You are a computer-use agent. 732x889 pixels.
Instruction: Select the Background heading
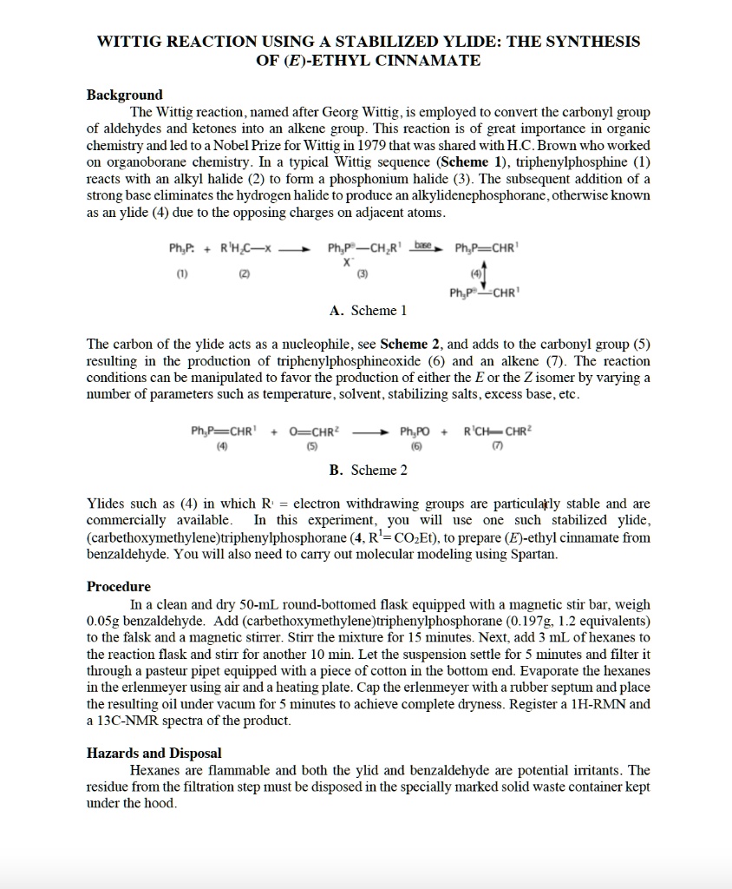[x=124, y=95]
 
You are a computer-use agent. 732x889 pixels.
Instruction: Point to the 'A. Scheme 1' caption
[x=368, y=310]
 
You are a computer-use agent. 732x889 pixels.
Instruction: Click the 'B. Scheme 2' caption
[x=368, y=470]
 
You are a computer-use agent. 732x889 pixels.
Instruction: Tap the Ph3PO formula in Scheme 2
[x=415, y=431]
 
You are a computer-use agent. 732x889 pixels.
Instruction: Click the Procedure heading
[x=119, y=587]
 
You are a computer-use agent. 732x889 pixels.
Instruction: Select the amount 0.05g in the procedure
[x=104, y=621]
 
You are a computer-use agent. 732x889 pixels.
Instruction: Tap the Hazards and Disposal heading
[x=154, y=754]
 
